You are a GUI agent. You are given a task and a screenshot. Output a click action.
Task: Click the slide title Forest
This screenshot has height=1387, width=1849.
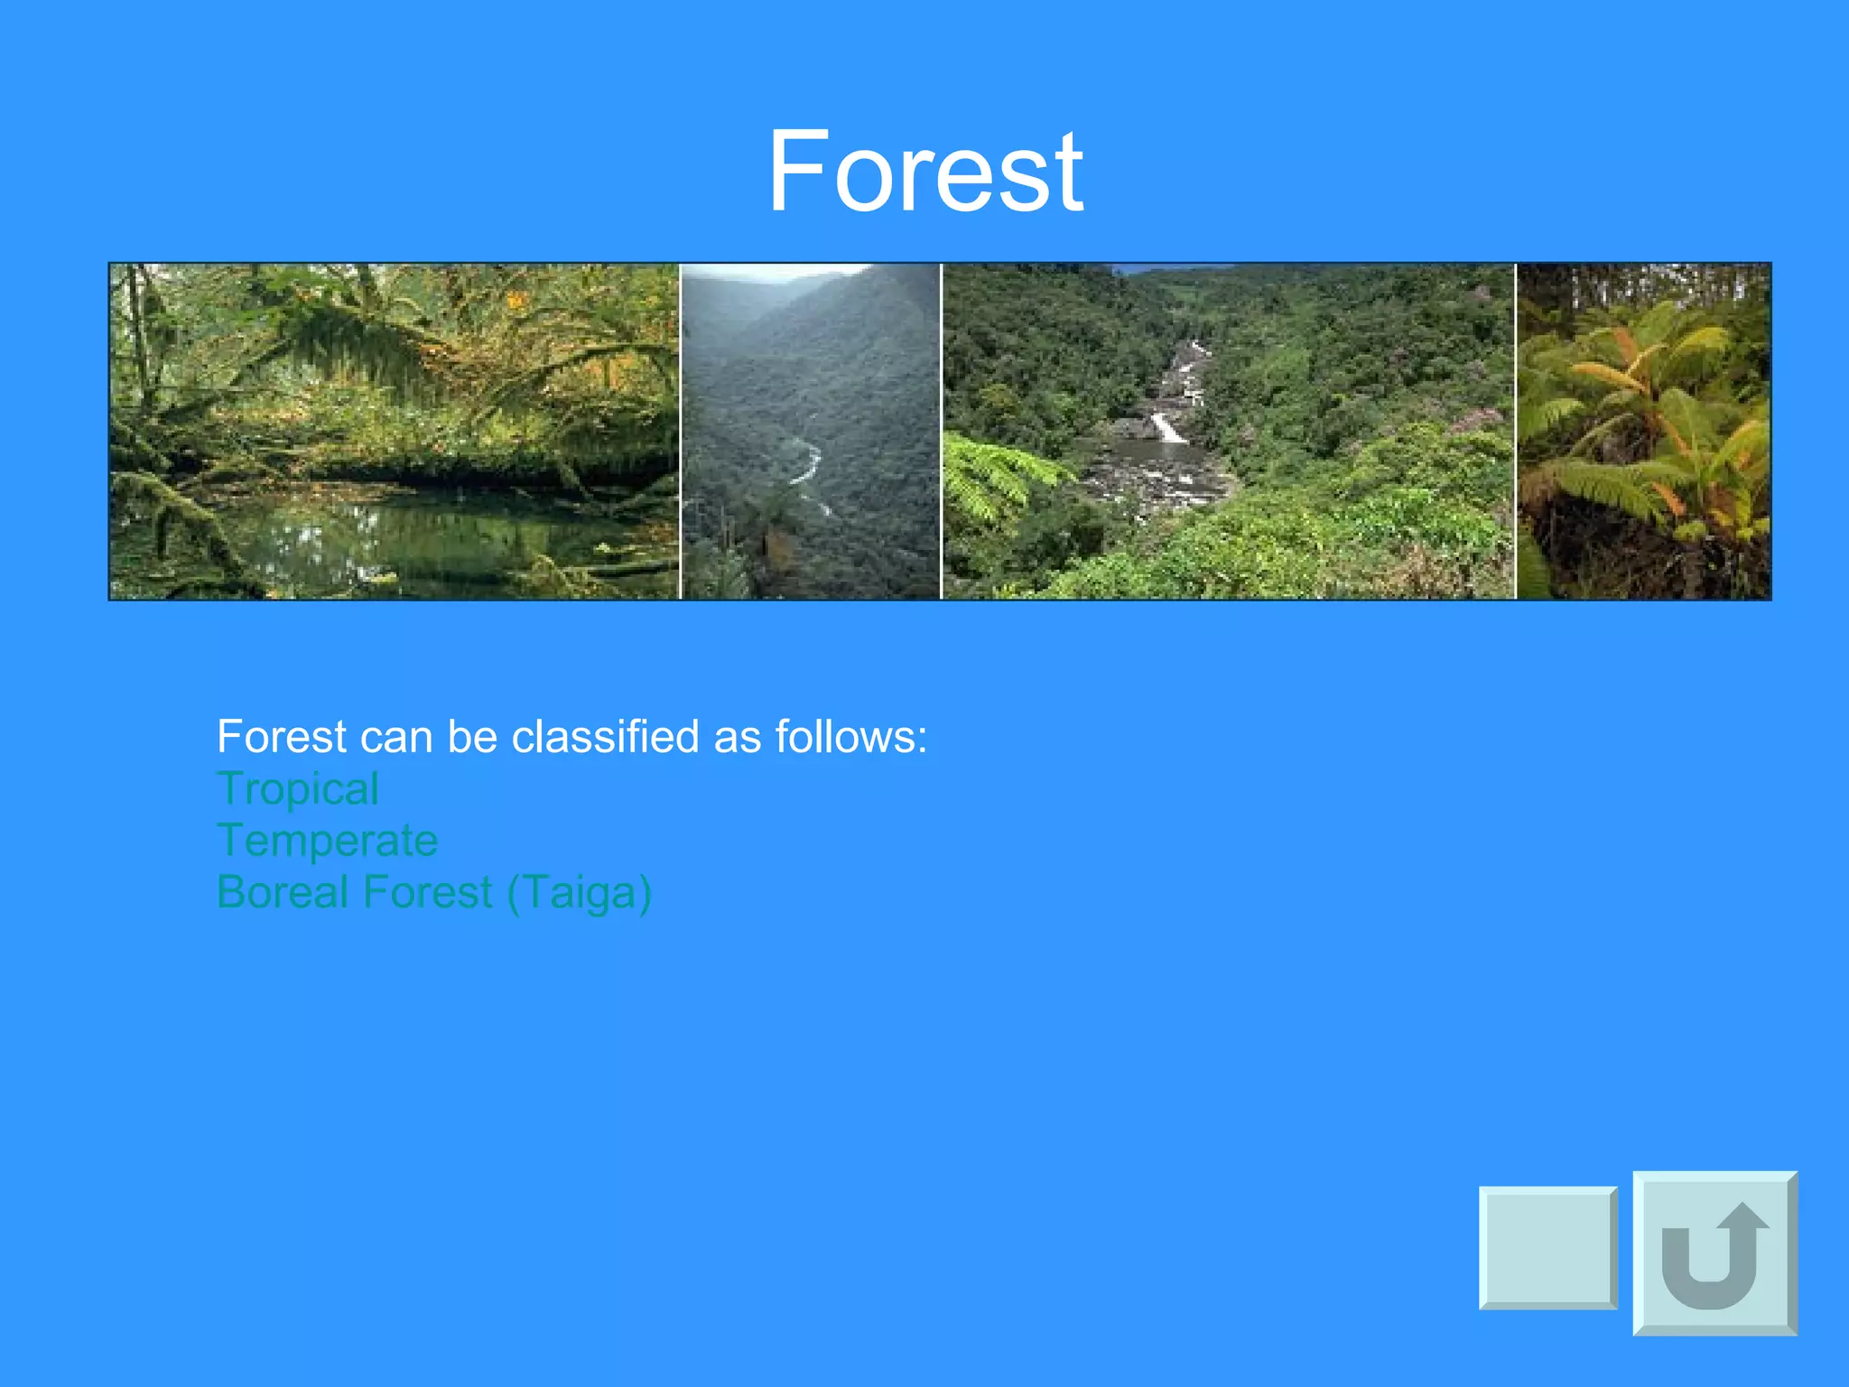[924, 172]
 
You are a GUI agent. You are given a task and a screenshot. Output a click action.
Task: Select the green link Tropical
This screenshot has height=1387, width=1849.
[298, 789]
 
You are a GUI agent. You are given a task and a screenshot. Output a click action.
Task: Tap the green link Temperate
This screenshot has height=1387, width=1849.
[327, 841]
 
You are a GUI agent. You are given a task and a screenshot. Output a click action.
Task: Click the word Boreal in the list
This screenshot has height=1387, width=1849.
[283, 892]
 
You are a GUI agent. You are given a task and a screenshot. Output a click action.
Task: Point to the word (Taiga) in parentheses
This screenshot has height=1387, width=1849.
[579, 893]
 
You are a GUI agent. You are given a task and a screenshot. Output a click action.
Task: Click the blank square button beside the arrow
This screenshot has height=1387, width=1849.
[1547, 1248]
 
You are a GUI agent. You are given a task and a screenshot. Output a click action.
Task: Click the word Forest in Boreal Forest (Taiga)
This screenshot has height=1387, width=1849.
[427, 892]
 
